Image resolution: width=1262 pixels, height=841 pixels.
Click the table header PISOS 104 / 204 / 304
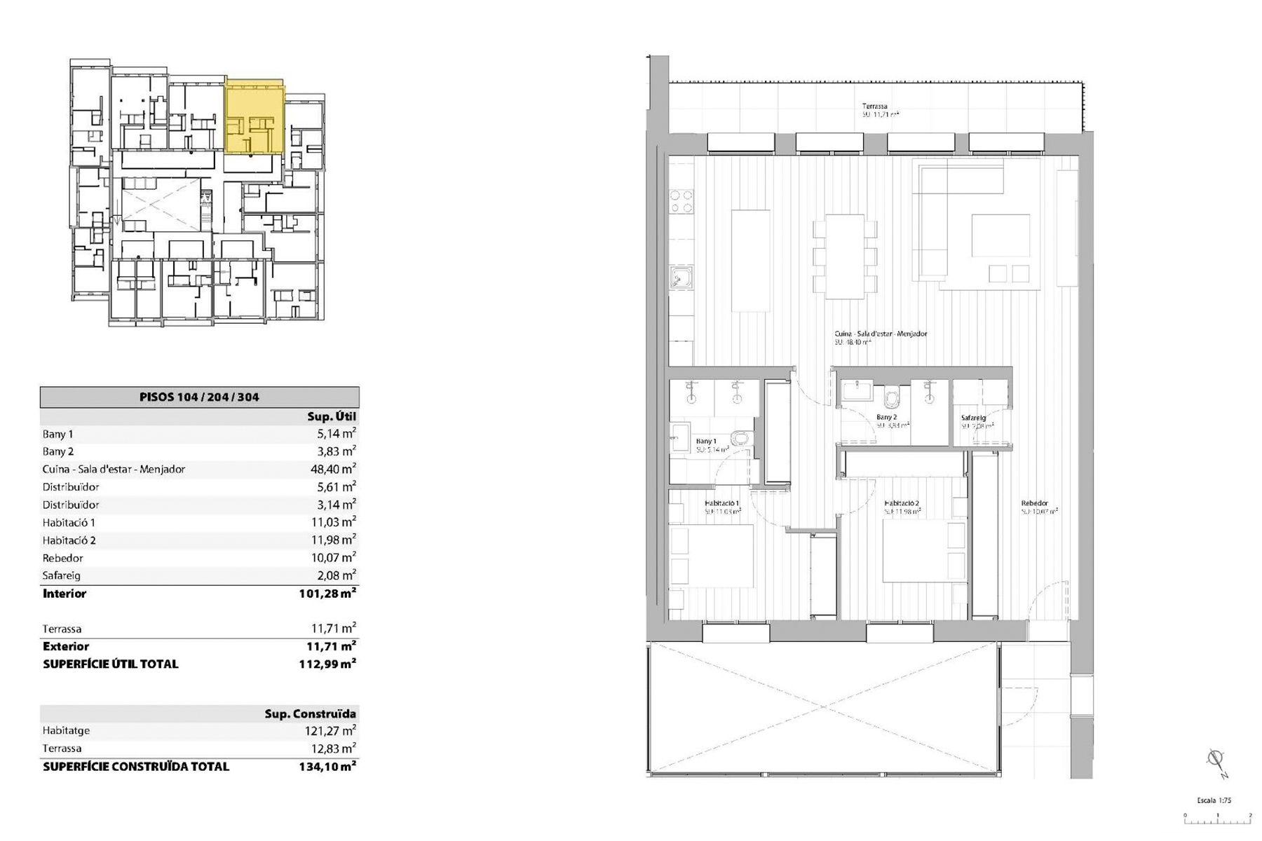point(199,397)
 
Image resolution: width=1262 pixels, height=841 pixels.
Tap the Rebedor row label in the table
point(62,558)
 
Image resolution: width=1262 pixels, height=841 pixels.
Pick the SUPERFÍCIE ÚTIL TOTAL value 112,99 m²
point(327,664)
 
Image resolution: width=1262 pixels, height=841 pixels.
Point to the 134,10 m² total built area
point(327,766)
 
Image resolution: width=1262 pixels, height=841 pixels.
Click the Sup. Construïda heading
point(310,713)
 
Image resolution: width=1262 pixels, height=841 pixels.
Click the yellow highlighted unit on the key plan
point(255,118)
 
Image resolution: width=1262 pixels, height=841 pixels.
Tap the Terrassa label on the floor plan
point(874,107)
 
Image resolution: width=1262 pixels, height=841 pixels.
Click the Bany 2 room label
point(886,417)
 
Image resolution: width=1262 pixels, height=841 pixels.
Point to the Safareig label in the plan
point(973,418)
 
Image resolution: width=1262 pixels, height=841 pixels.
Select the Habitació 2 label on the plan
point(901,503)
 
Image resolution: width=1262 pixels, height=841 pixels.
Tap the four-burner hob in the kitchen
point(681,202)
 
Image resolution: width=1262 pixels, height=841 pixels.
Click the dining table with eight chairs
point(845,257)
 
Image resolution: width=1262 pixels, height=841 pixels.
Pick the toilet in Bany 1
point(740,439)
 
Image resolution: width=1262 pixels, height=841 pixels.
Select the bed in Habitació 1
point(712,555)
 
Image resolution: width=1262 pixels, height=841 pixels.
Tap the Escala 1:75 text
point(1214,800)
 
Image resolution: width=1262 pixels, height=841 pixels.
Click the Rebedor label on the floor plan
point(1034,503)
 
